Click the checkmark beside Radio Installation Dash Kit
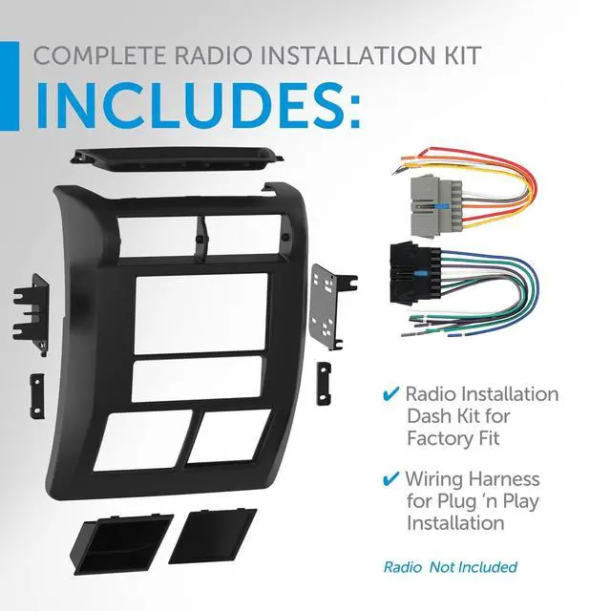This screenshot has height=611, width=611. click(x=391, y=393)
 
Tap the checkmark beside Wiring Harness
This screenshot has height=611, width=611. click(x=391, y=478)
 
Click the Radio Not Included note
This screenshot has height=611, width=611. click(x=450, y=567)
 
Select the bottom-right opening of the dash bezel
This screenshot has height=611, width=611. click(x=228, y=430)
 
